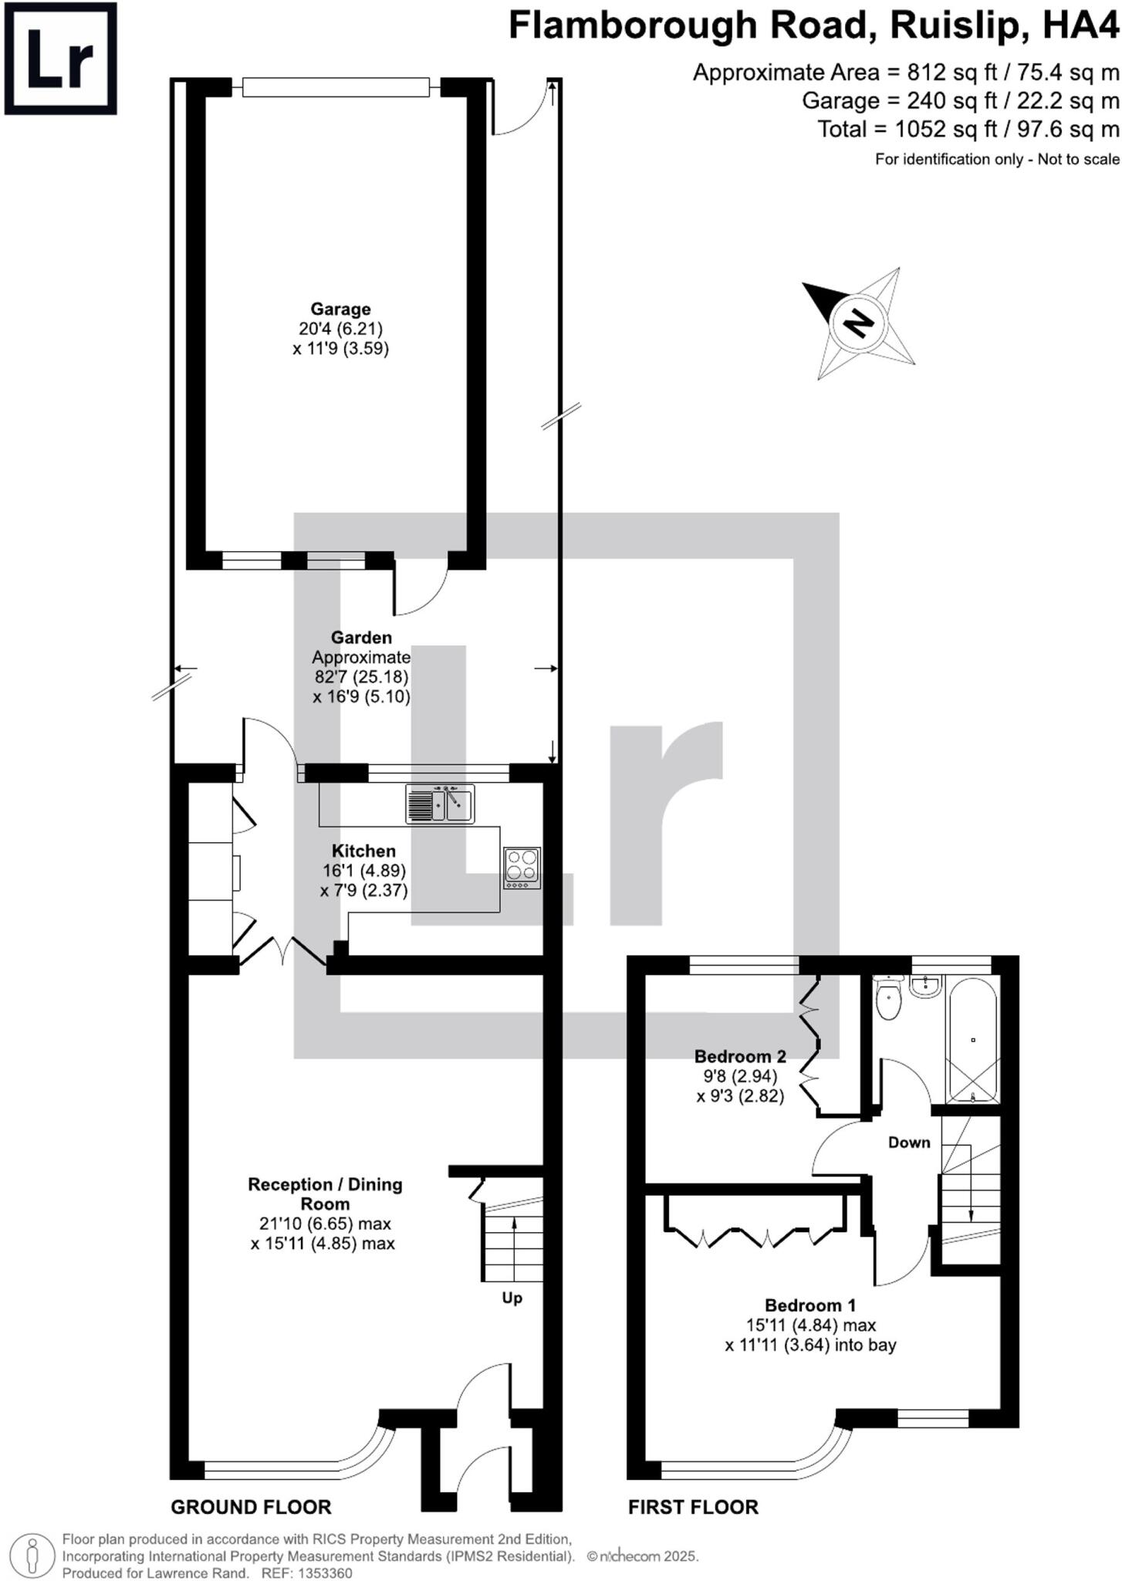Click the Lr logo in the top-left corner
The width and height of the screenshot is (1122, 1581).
pyautogui.click(x=60, y=59)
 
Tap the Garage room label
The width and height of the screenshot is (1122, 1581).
pyautogui.click(x=340, y=310)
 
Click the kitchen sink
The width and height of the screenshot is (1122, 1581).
pyautogui.click(x=440, y=804)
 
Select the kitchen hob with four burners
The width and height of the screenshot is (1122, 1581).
pyautogui.click(x=522, y=867)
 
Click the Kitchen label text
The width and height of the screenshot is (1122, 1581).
pyautogui.click(x=363, y=851)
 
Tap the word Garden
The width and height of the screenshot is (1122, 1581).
pyautogui.click(x=361, y=638)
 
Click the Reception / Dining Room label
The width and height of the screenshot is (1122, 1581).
pyautogui.click(x=325, y=1193)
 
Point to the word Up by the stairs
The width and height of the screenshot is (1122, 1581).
pyautogui.click(x=512, y=1298)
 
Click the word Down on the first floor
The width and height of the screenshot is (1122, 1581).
pyautogui.click(x=909, y=1143)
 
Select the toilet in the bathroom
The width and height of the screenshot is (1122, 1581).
pyautogui.click(x=889, y=998)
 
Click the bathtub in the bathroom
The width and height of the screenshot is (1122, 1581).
pyautogui.click(x=972, y=1041)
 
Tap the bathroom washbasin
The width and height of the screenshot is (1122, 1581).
pyautogui.click(x=924, y=986)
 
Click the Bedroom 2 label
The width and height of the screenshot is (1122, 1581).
pyautogui.click(x=740, y=1056)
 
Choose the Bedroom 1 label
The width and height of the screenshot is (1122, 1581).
pyautogui.click(x=810, y=1305)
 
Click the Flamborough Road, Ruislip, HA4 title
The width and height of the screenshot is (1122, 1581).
pyautogui.click(x=813, y=26)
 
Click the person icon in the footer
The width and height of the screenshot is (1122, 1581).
pyautogui.click(x=32, y=1552)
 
